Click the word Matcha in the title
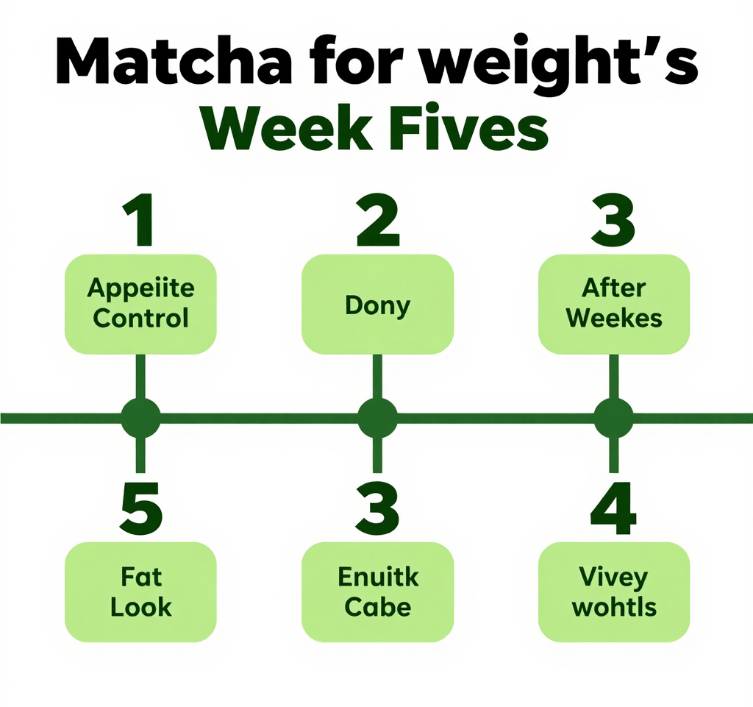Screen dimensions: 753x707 pos(174,61)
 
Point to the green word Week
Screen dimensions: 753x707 pos(287,126)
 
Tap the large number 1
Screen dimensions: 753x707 pos(139,220)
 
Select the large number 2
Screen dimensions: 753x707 pos(378,220)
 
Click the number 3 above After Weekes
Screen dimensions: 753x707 pos(613,220)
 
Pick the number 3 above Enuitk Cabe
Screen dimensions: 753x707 pos(377,508)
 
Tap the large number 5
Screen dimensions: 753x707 pos(141,508)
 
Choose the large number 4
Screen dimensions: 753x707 pos(614,508)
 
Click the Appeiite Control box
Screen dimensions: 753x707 pos(140,304)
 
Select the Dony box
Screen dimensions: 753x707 pos(377,304)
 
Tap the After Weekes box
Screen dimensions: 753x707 pos(614,304)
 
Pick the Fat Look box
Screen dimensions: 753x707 pos(140,591)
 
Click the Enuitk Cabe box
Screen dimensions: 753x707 pos(377,591)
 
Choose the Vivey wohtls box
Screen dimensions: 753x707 pos(614,591)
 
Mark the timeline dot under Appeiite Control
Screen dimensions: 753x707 pos(140,418)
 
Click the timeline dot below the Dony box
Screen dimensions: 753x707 pos(377,418)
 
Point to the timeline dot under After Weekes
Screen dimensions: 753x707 pos(614,418)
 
